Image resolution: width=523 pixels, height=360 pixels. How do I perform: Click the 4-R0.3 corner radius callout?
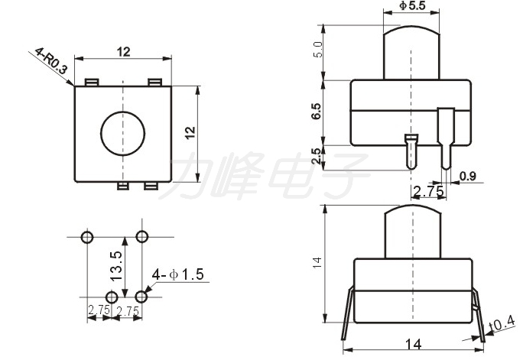tap(51, 60)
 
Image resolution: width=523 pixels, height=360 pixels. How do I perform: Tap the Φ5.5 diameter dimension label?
tap(412, 5)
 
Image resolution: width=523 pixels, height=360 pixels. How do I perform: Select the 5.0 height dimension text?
tap(318, 50)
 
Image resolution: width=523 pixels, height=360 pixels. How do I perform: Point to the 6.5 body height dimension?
tap(317, 111)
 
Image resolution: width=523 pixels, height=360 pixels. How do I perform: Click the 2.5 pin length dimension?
tap(317, 156)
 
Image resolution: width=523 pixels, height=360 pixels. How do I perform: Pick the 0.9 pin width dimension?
tap(468, 176)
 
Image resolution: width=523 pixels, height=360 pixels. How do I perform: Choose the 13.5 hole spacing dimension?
tap(116, 266)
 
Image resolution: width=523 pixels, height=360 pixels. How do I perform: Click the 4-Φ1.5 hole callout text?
tap(177, 274)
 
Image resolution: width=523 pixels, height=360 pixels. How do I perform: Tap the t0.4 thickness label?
tap(502, 323)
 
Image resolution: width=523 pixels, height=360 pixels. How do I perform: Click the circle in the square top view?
tap(123, 133)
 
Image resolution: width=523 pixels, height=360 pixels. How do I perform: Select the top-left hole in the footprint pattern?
tap(87, 238)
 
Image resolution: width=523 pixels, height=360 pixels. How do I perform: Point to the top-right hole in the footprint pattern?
tap(142, 237)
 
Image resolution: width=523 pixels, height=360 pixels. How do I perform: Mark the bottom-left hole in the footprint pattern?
tap(112, 297)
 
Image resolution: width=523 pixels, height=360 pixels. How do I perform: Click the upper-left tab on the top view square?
tap(92, 83)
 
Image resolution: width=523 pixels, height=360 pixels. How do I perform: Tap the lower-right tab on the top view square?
tap(151, 186)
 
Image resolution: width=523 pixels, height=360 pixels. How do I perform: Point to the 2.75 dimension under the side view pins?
tap(428, 191)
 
